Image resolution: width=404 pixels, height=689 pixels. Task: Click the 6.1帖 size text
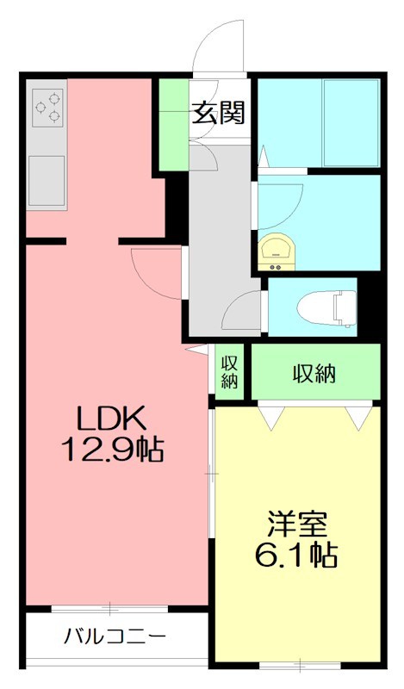coord(295,554)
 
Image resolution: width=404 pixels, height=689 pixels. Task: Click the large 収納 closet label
coord(314,374)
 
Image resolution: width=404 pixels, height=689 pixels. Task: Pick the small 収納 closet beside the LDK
coord(229,371)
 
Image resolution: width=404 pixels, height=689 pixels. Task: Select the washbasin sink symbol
coord(277,249)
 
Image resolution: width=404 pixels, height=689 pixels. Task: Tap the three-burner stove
coord(47,106)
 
